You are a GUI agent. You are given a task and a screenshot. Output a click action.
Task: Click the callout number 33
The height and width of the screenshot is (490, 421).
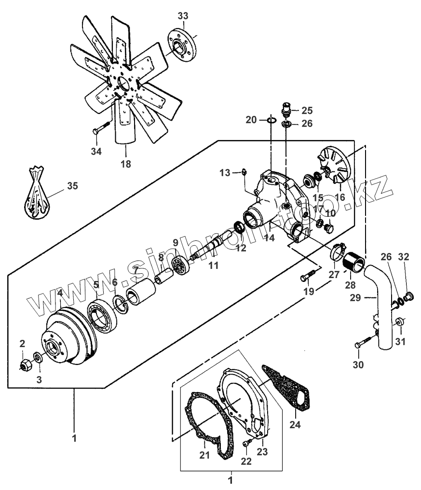click(183, 16)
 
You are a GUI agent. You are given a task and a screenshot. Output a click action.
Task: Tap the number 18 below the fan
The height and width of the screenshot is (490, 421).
click(125, 164)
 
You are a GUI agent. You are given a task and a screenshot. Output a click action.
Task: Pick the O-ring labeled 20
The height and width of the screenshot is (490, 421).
click(271, 120)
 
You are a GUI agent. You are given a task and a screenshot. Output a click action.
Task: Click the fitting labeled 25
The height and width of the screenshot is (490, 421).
click(285, 110)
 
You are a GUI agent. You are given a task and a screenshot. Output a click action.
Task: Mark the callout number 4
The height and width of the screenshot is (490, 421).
click(60, 293)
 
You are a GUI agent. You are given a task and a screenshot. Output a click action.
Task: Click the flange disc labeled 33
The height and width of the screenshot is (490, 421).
click(183, 42)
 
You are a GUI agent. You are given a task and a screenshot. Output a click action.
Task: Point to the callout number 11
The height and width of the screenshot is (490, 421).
click(213, 265)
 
